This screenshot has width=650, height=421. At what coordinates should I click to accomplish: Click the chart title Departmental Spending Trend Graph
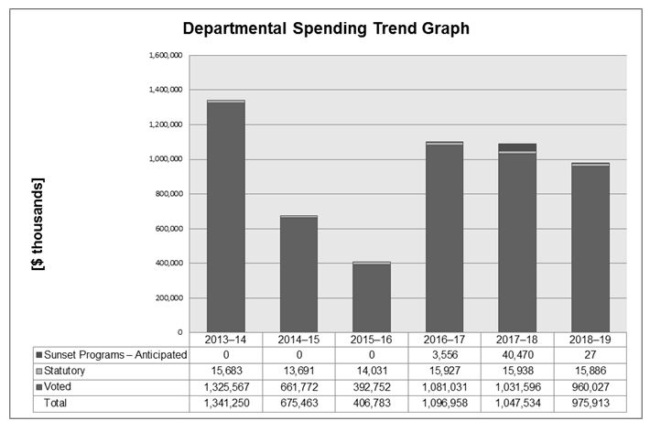[x=326, y=28]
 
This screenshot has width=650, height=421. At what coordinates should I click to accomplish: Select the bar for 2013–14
[x=226, y=220]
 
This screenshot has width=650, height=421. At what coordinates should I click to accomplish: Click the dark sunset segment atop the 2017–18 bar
[x=518, y=146]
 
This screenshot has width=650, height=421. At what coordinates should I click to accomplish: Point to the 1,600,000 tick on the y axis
[x=166, y=55]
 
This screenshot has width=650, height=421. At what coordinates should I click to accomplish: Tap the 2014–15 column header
[x=299, y=340]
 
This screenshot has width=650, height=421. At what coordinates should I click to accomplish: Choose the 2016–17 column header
[x=445, y=340]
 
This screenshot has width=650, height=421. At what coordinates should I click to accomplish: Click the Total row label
[x=60, y=404]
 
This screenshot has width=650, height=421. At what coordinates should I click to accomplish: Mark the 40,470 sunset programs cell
[x=518, y=355]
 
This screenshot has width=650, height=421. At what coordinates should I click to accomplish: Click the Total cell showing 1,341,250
[x=226, y=404]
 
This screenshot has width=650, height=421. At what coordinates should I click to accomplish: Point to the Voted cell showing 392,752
[x=372, y=388]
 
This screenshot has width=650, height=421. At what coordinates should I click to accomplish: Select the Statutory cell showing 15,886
[x=590, y=372]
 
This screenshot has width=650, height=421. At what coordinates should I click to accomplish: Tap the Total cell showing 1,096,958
[x=445, y=404]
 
